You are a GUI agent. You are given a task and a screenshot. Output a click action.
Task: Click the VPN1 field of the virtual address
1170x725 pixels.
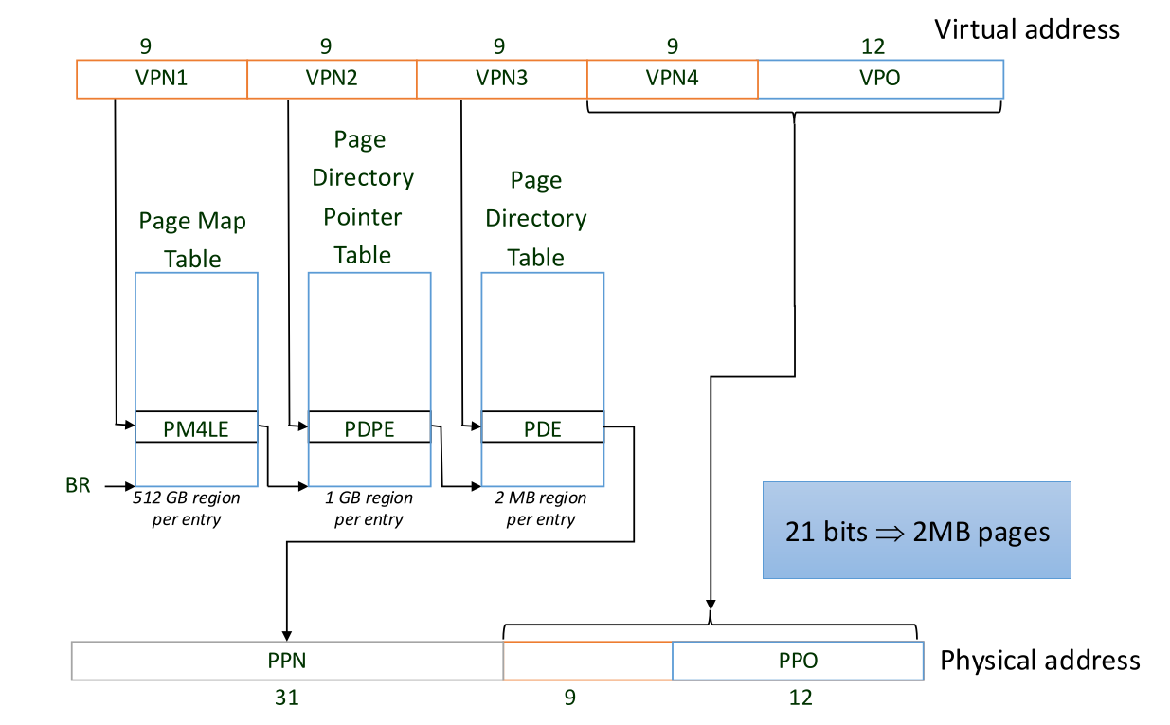click(x=161, y=79)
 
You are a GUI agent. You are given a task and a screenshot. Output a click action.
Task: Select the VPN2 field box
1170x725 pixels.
click(x=332, y=79)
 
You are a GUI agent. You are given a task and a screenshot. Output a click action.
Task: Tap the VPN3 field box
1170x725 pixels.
click(x=502, y=79)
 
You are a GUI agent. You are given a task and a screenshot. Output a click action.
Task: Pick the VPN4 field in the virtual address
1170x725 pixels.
click(x=673, y=79)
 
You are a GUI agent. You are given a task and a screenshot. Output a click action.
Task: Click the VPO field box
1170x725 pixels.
click(x=880, y=79)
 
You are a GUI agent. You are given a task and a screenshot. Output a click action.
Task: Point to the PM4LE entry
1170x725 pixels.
click(x=196, y=428)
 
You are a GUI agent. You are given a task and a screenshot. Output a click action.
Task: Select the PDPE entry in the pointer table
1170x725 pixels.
click(x=369, y=428)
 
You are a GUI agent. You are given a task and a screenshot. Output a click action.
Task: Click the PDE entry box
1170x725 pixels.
click(x=543, y=428)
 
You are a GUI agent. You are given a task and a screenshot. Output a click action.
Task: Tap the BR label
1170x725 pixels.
click(x=79, y=486)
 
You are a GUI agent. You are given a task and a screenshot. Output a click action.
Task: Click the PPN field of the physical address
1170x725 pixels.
click(x=286, y=661)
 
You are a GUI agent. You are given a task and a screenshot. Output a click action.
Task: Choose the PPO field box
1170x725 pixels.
click(x=798, y=661)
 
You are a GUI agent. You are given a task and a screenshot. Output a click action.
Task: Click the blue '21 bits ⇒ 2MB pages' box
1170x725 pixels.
click(x=916, y=531)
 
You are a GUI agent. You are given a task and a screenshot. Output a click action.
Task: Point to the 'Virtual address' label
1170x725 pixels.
click(x=1027, y=29)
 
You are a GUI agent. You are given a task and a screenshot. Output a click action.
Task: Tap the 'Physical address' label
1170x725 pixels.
click(x=1039, y=661)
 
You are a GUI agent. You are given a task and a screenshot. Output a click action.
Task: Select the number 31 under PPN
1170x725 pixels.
click(x=286, y=698)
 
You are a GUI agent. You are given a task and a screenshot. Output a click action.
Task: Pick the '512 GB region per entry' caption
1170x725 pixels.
click(x=187, y=509)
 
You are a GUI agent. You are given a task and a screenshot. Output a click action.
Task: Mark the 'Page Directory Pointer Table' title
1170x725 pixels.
click(x=363, y=197)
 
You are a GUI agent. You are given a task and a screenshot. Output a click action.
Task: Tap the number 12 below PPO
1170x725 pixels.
click(x=801, y=698)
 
